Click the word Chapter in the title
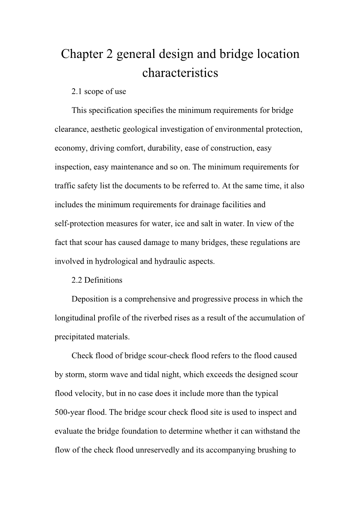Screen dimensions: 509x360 point(82,54)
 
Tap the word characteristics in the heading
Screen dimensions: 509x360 point(180,73)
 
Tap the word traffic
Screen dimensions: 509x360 point(64,186)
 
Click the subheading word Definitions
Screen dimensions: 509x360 point(103,280)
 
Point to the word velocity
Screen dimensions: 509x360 point(88,393)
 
